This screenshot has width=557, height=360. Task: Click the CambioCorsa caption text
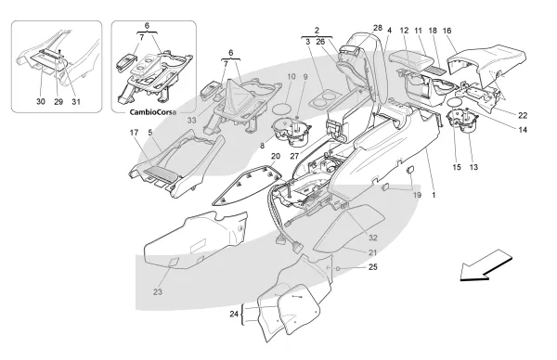[x=153, y=112]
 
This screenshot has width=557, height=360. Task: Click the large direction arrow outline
[x=486, y=265]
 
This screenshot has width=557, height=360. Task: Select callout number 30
[x=41, y=101]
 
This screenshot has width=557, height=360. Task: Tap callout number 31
[x=76, y=101]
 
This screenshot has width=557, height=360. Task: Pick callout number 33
[x=192, y=121]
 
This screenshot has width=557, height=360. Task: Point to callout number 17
[x=134, y=133]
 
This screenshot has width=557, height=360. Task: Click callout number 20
[x=276, y=156]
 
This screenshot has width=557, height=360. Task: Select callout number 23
[x=158, y=292]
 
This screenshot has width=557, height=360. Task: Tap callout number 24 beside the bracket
[x=234, y=314]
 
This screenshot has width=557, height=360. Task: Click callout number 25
[x=372, y=267]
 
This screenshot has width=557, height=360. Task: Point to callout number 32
[x=372, y=238]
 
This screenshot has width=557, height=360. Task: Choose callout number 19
[x=417, y=195]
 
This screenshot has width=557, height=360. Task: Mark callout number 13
[x=473, y=167]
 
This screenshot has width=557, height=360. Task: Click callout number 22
[x=523, y=115]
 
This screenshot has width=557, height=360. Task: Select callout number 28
[x=378, y=28]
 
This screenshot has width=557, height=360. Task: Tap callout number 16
[x=447, y=31]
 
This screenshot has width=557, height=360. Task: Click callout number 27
[x=293, y=156]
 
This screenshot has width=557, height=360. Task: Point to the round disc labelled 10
[x=283, y=109]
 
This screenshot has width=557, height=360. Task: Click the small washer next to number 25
[x=338, y=268]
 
